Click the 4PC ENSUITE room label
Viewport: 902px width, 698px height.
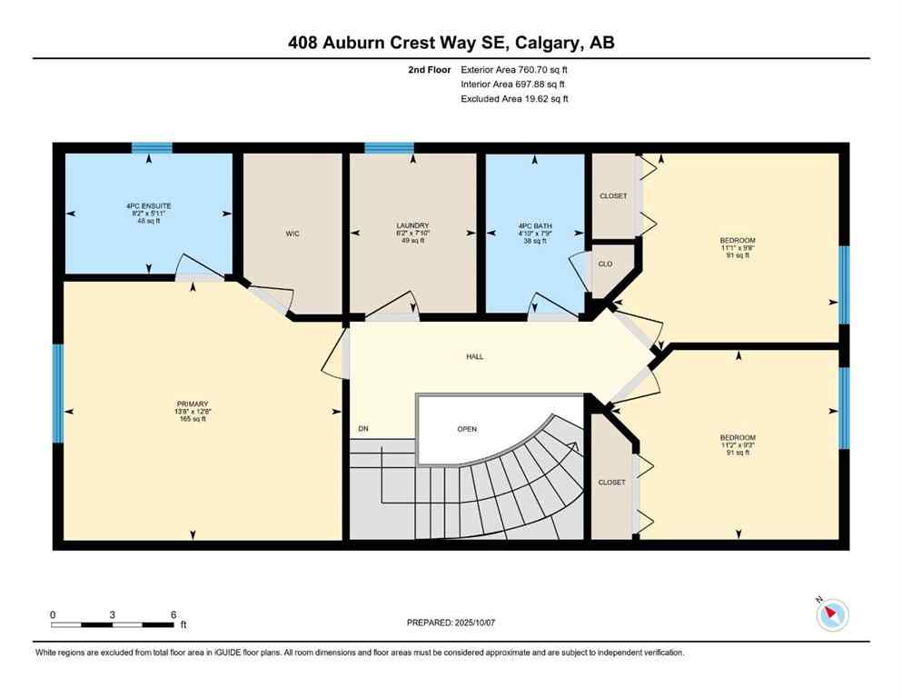149,206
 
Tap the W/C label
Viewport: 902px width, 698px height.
292,234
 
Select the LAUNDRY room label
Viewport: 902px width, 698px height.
412,225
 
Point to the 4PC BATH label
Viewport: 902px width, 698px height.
534,225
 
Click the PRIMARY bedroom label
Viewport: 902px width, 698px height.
193,404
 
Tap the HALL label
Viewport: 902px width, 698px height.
474,356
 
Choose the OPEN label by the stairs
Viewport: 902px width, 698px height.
467,429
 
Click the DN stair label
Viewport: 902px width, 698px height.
363,428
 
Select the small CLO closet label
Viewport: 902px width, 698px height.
606,264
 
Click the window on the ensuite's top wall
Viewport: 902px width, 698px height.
152,148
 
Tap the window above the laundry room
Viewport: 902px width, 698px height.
389,148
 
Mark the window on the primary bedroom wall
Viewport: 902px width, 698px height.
58,393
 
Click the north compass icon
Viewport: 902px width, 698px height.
832,614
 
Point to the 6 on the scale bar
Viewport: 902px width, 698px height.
173,614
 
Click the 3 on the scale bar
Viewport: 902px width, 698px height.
112,614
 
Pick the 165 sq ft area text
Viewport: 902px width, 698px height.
193,419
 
